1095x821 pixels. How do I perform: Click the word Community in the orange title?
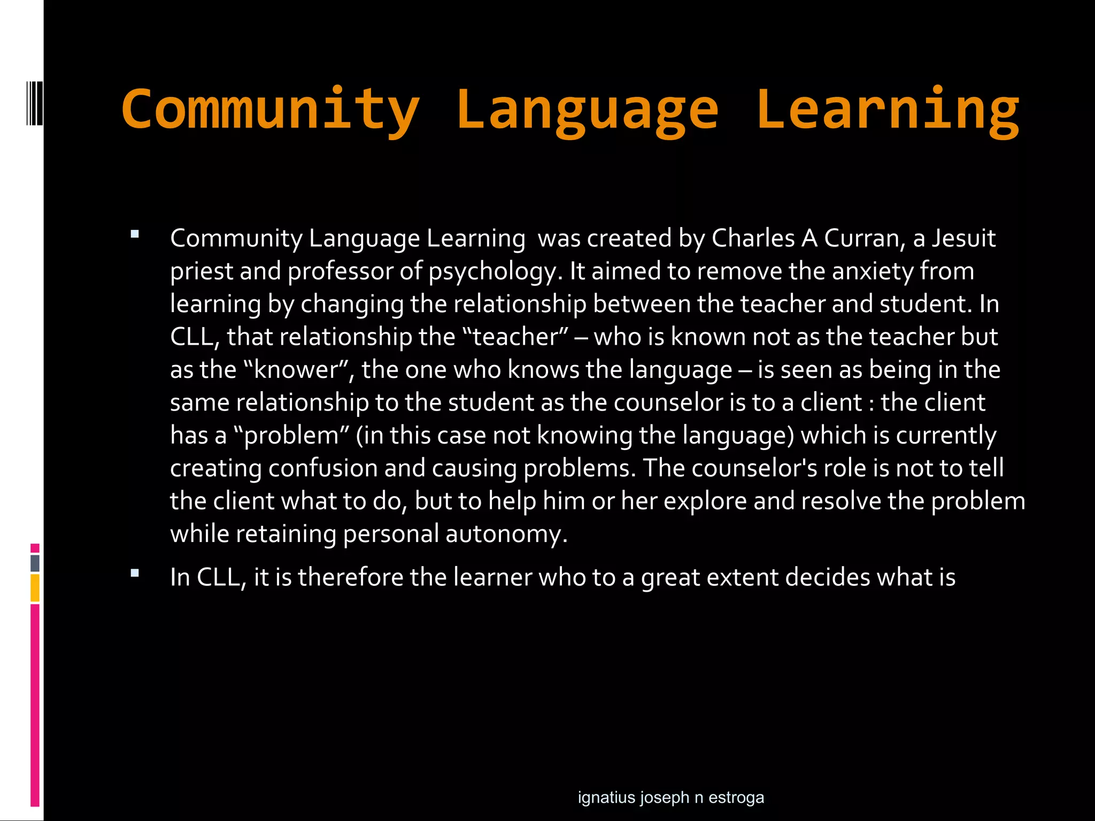coord(271,109)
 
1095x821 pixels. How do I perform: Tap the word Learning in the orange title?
coord(888,109)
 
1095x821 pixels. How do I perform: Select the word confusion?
coord(323,468)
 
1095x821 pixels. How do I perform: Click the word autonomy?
coord(506,534)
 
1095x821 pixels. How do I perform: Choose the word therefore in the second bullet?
coord(350,577)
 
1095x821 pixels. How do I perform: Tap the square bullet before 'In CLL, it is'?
coord(134,574)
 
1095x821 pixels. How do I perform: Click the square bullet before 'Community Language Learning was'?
coord(134,234)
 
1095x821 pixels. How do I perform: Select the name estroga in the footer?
coord(736,797)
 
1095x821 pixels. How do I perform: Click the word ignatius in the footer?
coord(606,797)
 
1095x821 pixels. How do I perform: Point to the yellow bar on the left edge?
coord(35,588)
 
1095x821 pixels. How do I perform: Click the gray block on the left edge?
coord(35,563)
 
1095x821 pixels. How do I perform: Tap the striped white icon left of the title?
coord(35,103)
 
